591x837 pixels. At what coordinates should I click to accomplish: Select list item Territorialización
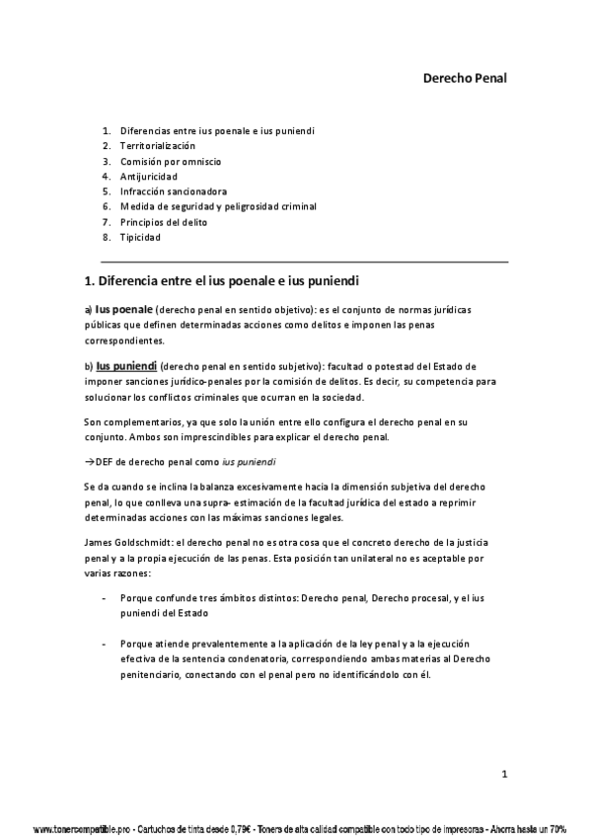pyautogui.click(x=158, y=145)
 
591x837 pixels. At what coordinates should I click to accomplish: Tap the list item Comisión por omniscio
pyautogui.click(x=171, y=161)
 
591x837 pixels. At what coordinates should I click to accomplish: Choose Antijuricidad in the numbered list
pyautogui.click(x=149, y=176)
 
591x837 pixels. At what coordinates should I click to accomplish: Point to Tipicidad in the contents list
pyautogui.click(x=140, y=237)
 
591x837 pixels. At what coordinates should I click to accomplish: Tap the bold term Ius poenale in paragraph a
pyautogui.click(x=124, y=309)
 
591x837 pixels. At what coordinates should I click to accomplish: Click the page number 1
pyautogui.click(x=503, y=774)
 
